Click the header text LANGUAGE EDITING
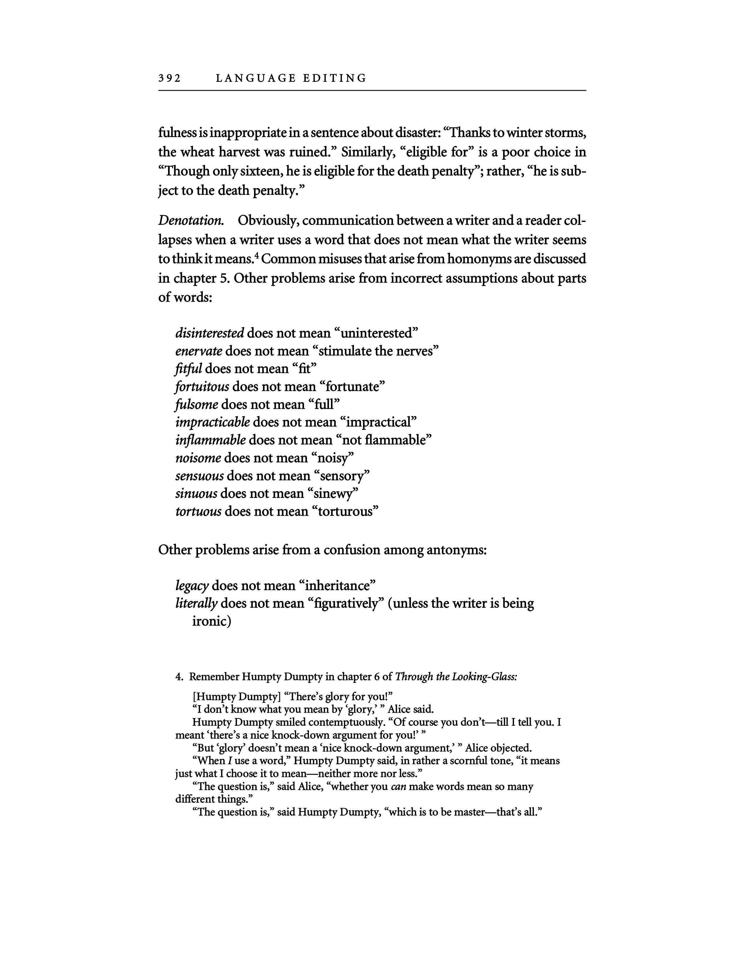[291, 78]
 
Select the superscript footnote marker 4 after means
[257, 255]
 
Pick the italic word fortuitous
[202, 386]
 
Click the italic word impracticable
[213, 422]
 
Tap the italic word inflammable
[210, 440]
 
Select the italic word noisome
[198, 458]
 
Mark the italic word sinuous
[197, 493]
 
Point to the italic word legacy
[192, 586]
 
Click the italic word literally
[197, 603]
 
